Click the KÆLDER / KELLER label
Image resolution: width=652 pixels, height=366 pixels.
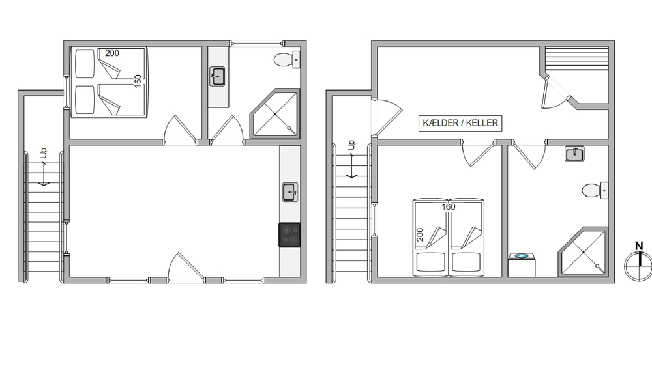tap(460, 123)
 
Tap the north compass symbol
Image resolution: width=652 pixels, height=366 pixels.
tap(639, 261)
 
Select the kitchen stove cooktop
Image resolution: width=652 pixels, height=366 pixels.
tap(289, 235)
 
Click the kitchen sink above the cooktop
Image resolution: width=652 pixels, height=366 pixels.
tap(290, 192)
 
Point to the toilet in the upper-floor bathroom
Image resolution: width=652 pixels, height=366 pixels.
tap(287, 59)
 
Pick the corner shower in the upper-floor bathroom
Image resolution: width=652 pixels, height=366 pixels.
tap(274, 113)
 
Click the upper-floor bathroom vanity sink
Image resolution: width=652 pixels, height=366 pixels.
tap(217, 77)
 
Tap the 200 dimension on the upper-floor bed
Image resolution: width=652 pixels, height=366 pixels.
tap(112, 53)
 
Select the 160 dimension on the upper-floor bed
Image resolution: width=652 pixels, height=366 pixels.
tap(138, 81)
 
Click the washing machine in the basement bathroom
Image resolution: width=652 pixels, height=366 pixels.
tap(522, 265)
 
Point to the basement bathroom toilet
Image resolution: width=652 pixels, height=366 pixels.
tap(595, 191)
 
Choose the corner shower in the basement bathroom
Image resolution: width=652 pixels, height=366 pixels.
tap(582, 251)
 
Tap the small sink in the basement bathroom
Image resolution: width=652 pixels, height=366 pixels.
tap(574, 154)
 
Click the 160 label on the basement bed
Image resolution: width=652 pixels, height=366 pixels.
tap(449, 207)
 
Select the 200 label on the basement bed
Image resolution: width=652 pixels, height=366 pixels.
tap(420, 234)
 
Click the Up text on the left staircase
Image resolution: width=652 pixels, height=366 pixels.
tap(44, 153)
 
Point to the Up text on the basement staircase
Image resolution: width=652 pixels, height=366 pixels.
tap(352, 145)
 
